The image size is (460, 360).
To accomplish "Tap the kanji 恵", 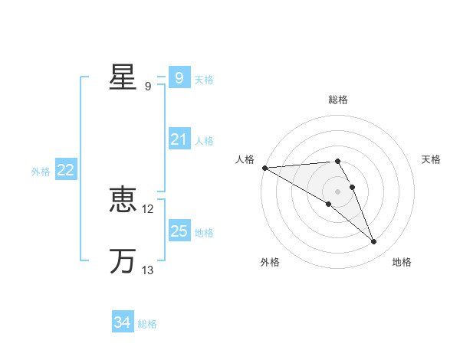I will [x=123, y=201].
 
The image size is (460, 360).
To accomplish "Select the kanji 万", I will [x=123, y=261].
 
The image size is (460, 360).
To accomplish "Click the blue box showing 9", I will [x=179, y=77].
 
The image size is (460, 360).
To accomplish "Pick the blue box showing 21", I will [x=179, y=139].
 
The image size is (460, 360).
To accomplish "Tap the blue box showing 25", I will [x=179, y=231].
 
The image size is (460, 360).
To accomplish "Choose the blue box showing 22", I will [x=65, y=170].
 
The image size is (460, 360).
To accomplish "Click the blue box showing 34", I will [x=122, y=322].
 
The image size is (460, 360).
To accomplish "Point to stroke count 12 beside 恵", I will [x=148, y=208].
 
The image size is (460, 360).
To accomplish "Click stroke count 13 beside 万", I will [x=148, y=270].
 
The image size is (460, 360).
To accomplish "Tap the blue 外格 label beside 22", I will [x=41, y=172].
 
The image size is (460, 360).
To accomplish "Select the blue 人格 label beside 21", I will [x=204, y=141].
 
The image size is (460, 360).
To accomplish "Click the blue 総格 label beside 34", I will [x=147, y=324].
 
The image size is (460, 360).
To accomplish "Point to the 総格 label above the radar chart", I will [x=337, y=100].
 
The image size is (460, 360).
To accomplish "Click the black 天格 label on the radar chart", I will [x=431, y=159].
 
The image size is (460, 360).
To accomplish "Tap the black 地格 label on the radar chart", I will [x=402, y=262].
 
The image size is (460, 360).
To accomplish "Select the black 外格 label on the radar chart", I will [x=270, y=262].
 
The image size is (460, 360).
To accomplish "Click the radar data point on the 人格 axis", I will [x=264, y=168].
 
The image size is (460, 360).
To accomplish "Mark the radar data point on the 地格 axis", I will [x=373, y=241].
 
